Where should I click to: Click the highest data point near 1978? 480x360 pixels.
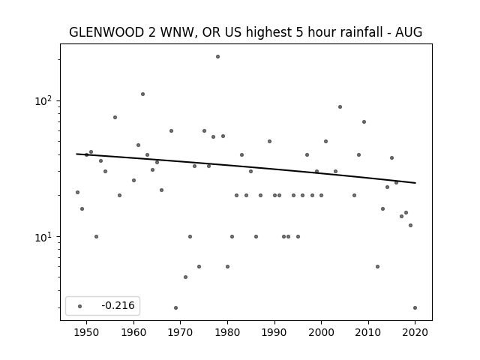(x=217, y=57)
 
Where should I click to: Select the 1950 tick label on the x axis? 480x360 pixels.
(x=87, y=332)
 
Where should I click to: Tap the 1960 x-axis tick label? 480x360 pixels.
(x=133, y=332)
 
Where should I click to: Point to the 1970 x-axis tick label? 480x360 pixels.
(x=180, y=332)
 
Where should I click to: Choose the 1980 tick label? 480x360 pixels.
(x=227, y=332)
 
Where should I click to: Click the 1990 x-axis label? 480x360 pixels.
(x=274, y=332)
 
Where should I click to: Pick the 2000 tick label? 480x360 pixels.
(x=321, y=332)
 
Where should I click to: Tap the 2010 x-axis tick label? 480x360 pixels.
(x=368, y=332)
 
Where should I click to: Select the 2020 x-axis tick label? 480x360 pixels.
(x=415, y=332)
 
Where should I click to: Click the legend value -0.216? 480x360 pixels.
(x=118, y=305)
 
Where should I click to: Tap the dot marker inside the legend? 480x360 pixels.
(x=80, y=306)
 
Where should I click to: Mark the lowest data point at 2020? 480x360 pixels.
(x=415, y=308)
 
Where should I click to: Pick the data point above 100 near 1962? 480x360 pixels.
(x=142, y=94)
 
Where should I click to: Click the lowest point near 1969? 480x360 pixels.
(x=175, y=308)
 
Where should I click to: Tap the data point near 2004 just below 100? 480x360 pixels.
(x=340, y=106)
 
